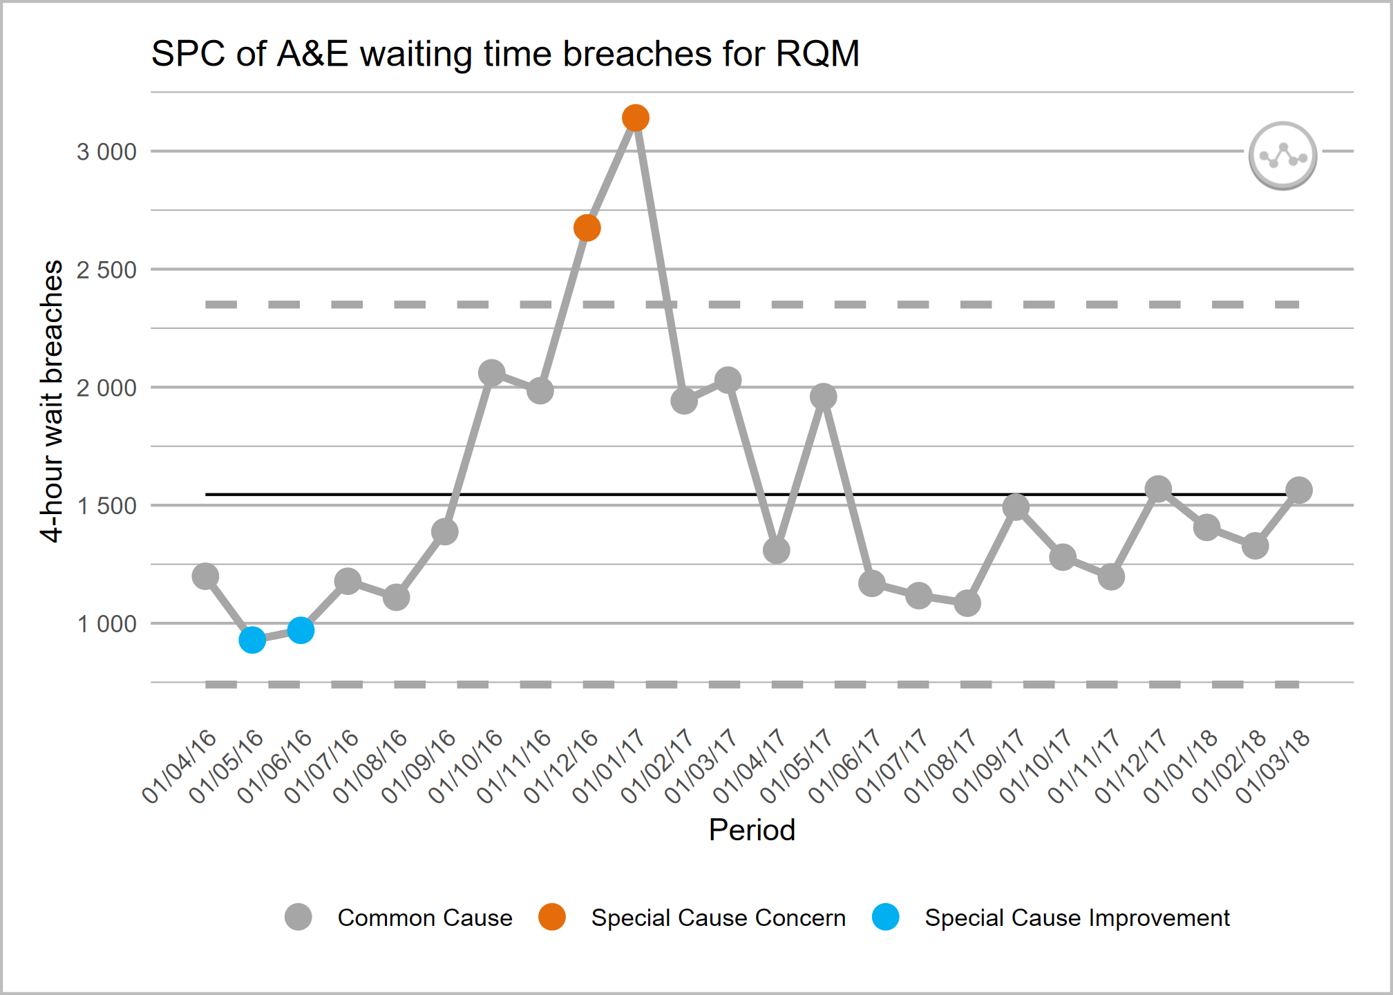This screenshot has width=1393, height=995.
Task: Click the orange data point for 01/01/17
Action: click(x=635, y=118)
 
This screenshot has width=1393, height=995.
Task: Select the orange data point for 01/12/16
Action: click(x=587, y=228)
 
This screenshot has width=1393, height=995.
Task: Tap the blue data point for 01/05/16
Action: click(x=252, y=641)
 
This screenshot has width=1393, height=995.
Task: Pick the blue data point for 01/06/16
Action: click(x=301, y=630)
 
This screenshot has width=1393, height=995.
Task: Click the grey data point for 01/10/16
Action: click(x=491, y=373)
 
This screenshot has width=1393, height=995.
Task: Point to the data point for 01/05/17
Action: click(x=824, y=397)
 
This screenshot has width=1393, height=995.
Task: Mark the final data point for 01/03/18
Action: click(x=1299, y=491)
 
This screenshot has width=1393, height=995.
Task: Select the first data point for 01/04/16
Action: click(x=205, y=576)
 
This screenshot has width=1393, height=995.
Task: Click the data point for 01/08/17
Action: click(x=967, y=603)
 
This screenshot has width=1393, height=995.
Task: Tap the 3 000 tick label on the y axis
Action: click(x=106, y=152)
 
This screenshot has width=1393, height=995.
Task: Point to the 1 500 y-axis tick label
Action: click(x=106, y=506)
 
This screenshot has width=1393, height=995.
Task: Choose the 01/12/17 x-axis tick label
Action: click(x=1133, y=767)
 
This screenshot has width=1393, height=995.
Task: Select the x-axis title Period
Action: click(x=752, y=830)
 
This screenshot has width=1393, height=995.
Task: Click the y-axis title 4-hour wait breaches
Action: click(x=52, y=401)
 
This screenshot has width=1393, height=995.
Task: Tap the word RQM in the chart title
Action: click(x=817, y=54)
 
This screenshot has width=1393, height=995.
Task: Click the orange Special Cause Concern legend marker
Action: click(x=552, y=917)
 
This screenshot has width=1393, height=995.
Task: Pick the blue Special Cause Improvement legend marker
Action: click(x=885, y=917)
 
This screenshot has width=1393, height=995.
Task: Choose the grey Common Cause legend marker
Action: click(x=298, y=917)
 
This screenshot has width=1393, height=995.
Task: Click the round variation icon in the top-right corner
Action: click(x=1282, y=155)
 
